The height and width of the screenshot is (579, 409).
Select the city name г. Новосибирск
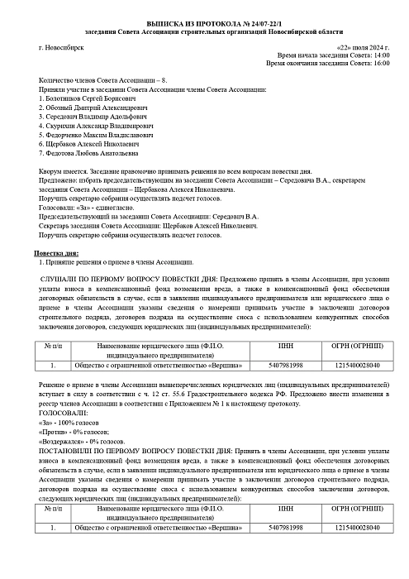coord(61,48)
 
